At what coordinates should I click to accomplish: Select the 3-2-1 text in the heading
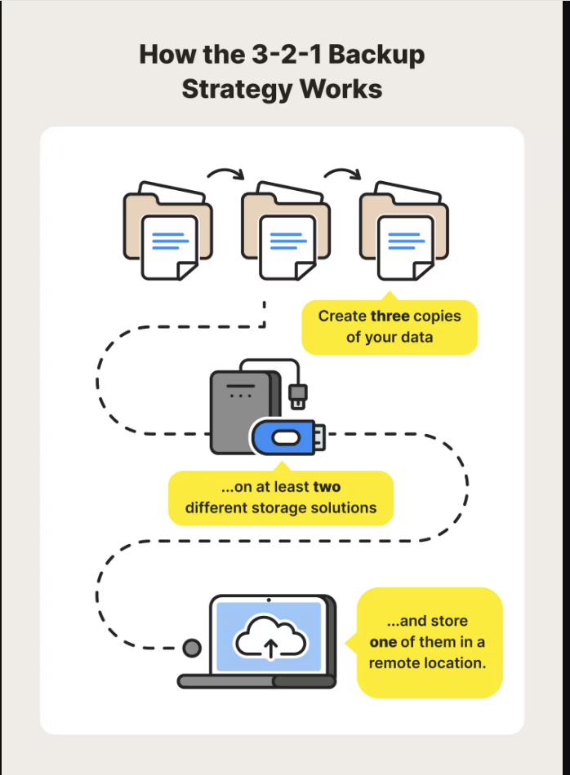(276, 55)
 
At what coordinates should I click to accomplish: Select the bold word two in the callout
(325, 487)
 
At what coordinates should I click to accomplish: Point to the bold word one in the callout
(383, 642)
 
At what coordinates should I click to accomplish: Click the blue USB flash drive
(287, 436)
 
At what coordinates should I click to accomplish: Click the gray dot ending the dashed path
(192, 649)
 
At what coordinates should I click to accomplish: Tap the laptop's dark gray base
(257, 681)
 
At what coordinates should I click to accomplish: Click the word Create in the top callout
(342, 316)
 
